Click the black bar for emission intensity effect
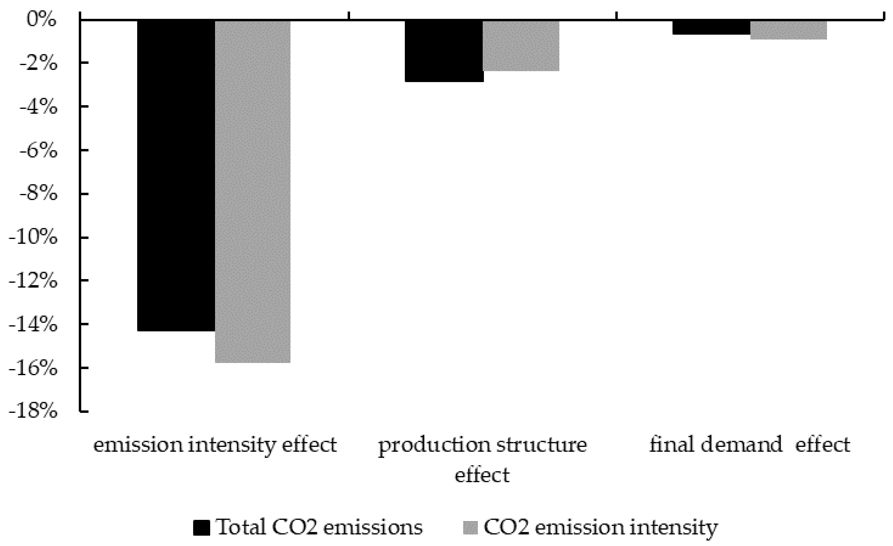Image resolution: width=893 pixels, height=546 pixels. [x=176, y=176]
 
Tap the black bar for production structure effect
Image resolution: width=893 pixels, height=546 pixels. [x=444, y=51]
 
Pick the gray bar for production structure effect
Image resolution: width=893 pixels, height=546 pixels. [x=521, y=46]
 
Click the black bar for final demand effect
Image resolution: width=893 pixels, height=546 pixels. [x=711, y=28]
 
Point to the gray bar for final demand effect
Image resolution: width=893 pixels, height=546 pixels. [x=789, y=30]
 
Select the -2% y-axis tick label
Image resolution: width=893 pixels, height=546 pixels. [x=38, y=64]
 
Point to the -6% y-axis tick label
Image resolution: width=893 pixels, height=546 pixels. [x=38, y=151]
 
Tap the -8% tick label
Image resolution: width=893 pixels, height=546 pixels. [x=38, y=194]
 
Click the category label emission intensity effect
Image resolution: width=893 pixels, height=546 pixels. [x=215, y=445]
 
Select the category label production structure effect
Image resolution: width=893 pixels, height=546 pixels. [x=482, y=459]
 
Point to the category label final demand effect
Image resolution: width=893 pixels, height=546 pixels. [x=749, y=445]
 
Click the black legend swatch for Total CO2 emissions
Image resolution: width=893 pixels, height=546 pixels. [x=202, y=527]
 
